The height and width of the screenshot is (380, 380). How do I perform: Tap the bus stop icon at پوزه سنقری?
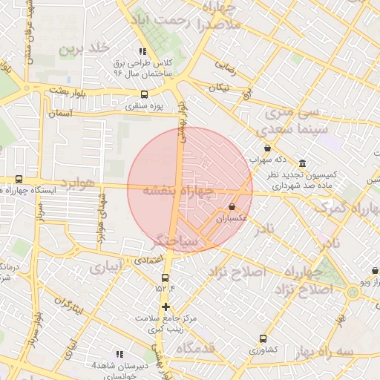tap(144, 94)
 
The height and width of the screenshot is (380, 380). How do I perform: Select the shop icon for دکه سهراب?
tap(267, 148)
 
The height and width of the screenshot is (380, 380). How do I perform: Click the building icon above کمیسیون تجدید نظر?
tap(302, 163)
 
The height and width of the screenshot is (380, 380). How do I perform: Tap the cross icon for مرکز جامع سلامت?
tap(165, 307)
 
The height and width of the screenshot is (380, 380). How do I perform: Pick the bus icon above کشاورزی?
tap(262, 338)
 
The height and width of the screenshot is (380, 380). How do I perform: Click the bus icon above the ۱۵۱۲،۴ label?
tap(165, 278)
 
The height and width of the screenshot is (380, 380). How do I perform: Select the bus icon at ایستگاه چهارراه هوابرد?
tap(19, 179)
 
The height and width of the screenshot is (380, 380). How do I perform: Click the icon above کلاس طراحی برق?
tap(142, 52)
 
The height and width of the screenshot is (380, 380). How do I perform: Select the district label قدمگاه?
tap(195, 348)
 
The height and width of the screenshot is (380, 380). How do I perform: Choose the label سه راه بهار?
tap(350, 351)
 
